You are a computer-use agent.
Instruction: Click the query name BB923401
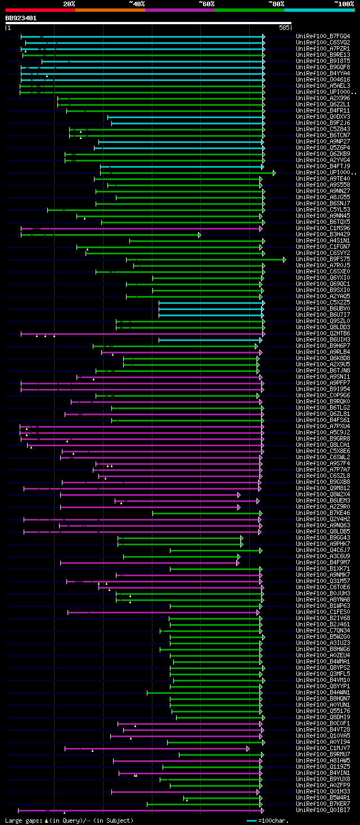(x=21, y=18)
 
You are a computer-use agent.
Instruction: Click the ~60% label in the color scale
(x=206, y=3)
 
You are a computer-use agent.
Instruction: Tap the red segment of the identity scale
(x=40, y=10)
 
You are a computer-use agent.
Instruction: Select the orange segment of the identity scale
(x=110, y=10)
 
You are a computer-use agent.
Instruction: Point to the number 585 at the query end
(x=284, y=27)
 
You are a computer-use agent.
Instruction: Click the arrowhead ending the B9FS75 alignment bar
(x=285, y=259)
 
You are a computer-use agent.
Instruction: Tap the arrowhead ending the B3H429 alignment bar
(x=199, y=235)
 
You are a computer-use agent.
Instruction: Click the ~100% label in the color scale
(x=344, y=3)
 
